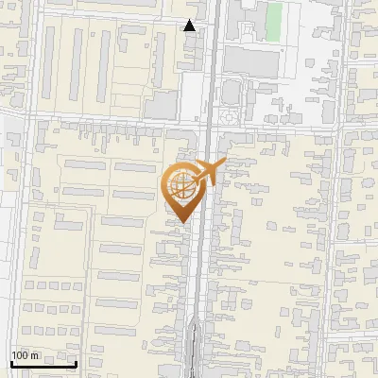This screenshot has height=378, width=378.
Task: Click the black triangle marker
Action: click(x=190, y=26)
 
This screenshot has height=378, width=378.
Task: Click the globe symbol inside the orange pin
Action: click(x=180, y=186)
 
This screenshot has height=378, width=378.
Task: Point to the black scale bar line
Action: click(x=43, y=364)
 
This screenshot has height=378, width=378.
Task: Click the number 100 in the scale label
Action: click(x=20, y=355)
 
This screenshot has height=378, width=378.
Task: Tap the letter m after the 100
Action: click(x=34, y=355)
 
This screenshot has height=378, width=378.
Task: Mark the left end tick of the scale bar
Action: click(x=11, y=362)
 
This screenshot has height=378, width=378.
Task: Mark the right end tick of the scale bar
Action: click(x=76, y=362)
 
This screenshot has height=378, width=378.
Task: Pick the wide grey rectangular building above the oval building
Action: click(x=251, y=62)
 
